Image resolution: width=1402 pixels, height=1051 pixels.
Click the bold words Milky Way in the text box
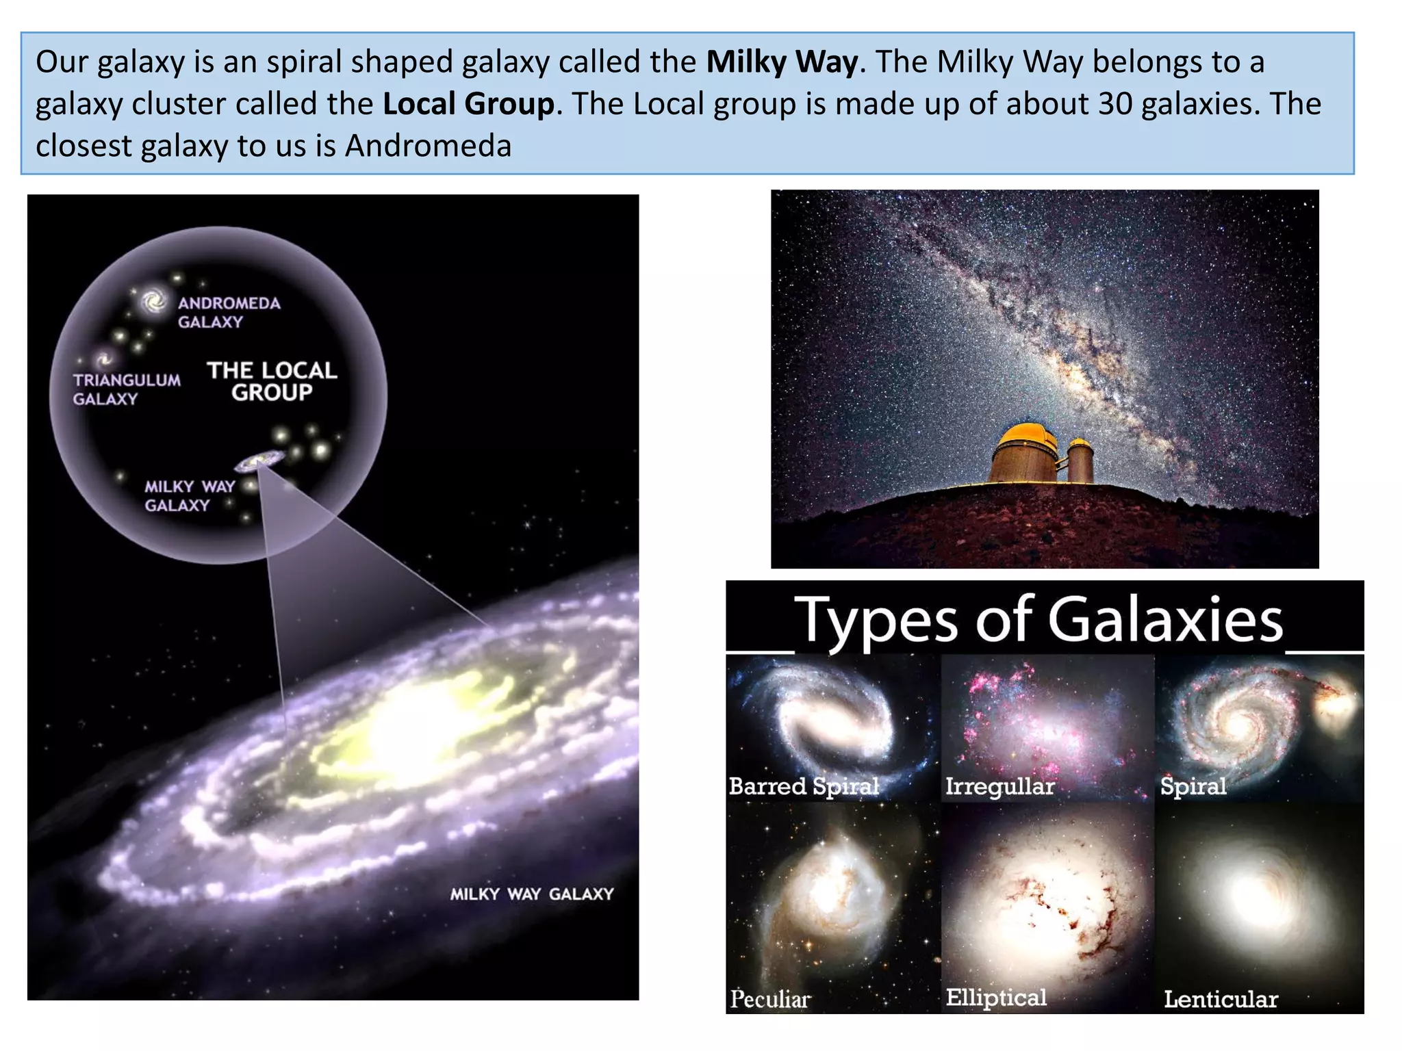point(781,62)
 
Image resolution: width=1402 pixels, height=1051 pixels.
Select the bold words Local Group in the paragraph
point(468,104)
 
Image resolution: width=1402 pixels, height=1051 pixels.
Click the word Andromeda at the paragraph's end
point(428,146)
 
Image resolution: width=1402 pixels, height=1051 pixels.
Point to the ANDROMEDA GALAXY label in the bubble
point(229,312)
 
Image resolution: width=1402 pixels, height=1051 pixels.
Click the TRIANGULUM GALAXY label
point(127,389)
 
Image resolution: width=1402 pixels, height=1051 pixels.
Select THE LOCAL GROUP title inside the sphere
point(272,381)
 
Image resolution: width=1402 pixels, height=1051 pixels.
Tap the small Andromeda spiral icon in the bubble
point(153,300)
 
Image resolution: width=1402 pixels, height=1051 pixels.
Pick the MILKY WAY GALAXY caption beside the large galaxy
point(531,894)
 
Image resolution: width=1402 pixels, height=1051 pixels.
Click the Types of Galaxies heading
point(1038,619)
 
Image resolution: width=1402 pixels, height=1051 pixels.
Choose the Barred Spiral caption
point(804,786)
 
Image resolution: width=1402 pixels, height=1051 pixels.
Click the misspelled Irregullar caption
point(999,786)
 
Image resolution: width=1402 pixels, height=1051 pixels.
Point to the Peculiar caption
point(770,999)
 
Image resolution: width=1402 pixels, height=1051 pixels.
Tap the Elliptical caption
point(996,998)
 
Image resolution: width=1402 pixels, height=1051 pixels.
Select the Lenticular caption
point(1221,999)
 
